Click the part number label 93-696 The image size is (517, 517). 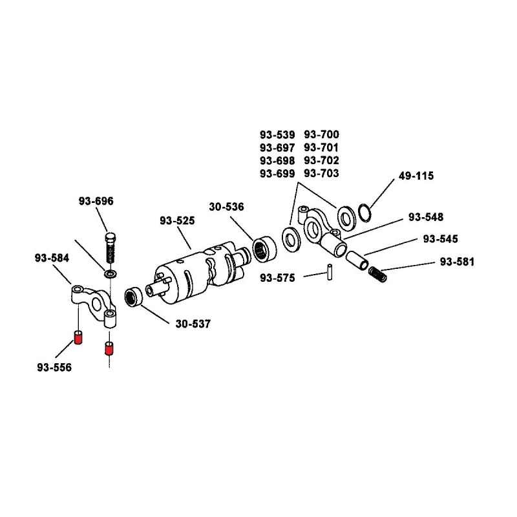pyautogui.click(x=96, y=201)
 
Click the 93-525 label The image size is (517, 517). pyautogui.click(x=177, y=220)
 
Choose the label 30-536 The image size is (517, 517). pyautogui.click(x=226, y=207)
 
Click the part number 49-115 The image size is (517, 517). pyautogui.click(x=416, y=176)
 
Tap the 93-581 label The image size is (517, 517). pyautogui.click(x=457, y=262)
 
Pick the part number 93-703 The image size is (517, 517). pyautogui.click(x=321, y=173)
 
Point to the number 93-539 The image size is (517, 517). pyautogui.click(x=277, y=134)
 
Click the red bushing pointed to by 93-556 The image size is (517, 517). pyautogui.click(x=78, y=337)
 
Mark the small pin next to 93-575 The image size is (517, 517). pyautogui.click(x=330, y=272)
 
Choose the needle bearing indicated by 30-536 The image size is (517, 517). pyautogui.click(x=263, y=248)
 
